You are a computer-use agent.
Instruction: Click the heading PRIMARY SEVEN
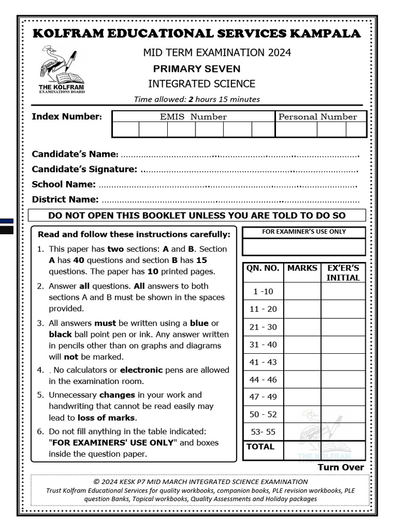[x=196, y=69]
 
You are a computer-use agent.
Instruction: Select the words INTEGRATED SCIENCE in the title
[x=202, y=84]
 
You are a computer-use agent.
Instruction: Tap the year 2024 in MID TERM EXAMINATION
[x=278, y=53]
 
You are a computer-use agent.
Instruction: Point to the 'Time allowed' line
[x=196, y=99]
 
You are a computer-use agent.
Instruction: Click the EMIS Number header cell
[x=193, y=117]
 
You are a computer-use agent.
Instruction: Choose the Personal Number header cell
[x=317, y=117]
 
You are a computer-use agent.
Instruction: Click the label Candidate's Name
[x=75, y=154]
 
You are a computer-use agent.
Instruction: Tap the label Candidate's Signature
[x=84, y=169]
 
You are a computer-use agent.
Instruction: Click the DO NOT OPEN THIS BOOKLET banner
[x=196, y=215]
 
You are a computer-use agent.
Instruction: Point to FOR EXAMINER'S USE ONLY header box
[x=304, y=232]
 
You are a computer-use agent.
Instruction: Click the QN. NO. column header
[x=262, y=268]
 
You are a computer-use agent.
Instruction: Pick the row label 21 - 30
[x=263, y=327]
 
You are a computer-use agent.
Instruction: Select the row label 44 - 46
[x=263, y=380]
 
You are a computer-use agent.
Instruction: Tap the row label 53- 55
[x=263, y=432]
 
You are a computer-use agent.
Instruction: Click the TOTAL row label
[x=261, y=447]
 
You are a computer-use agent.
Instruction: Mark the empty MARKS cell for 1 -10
[x=302, y=292]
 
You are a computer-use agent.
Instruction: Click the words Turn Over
[x=341, y=467]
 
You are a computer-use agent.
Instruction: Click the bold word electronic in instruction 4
[x=141, y=370]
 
